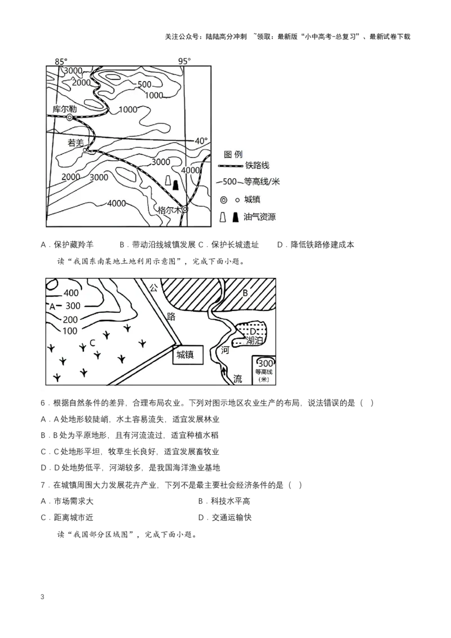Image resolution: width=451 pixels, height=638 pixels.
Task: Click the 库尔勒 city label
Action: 65,109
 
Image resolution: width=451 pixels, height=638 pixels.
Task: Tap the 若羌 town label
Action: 76,143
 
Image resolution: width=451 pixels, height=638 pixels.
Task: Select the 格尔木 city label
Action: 169,210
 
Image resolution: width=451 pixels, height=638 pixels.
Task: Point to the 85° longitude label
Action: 61,61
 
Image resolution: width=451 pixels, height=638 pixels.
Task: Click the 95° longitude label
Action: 184,61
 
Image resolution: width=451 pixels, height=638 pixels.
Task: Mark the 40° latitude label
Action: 201,141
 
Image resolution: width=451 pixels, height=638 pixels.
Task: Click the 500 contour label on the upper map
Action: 144,85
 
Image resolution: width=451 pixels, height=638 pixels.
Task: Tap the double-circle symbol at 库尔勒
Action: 69,118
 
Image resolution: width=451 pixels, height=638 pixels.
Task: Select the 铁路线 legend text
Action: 257,165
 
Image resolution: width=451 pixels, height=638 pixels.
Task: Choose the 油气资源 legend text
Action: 260,217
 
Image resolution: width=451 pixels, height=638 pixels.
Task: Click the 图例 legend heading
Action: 233,154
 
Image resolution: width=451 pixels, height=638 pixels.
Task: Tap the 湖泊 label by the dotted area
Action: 255,340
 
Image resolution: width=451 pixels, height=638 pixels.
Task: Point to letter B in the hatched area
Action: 245,293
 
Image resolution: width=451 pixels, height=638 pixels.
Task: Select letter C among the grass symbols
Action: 92,343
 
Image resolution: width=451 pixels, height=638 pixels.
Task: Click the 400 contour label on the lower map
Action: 71,293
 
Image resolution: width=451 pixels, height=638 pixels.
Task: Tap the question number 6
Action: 44,403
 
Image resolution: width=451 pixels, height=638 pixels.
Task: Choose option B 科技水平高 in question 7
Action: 224,501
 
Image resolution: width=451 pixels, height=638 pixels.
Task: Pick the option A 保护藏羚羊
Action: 67,245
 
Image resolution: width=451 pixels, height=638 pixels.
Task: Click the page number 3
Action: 42,597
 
